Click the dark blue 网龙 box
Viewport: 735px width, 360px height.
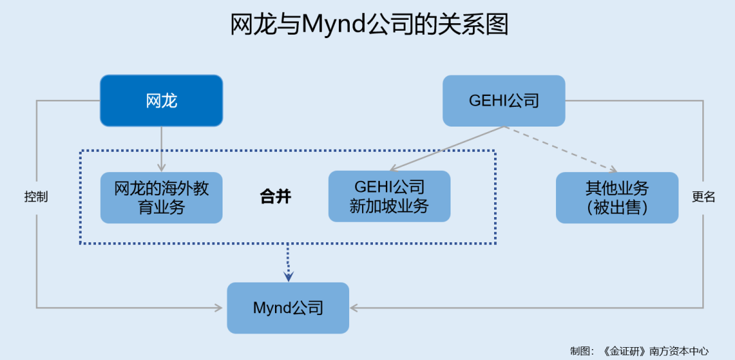point(161,101)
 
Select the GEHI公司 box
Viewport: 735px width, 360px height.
point(504,101)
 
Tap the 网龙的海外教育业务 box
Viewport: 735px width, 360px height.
point(161,197)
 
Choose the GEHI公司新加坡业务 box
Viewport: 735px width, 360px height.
point(389,197)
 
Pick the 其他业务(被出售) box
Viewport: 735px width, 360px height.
point(617,197)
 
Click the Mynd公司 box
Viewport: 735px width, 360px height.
point(288,308)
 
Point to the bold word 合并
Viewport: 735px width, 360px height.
point(276,197)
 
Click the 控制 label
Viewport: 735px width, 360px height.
point(36,197)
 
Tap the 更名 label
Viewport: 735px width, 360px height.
point(704,197)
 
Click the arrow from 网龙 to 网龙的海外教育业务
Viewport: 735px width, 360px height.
point(161,150)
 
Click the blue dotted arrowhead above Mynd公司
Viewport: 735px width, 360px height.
point(289,276)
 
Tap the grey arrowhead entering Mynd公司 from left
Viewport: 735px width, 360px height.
point(219,308)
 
